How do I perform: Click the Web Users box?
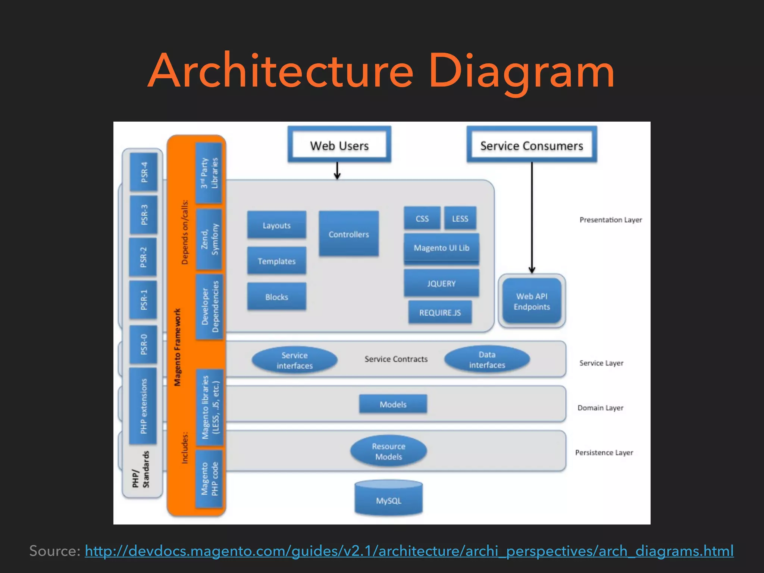pos(339,145)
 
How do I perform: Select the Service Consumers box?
pos(532,145)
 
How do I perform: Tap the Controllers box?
pos(349,234)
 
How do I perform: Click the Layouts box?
pos(276,225)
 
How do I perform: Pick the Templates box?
pos(276,261)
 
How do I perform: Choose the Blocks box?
pos(276,297)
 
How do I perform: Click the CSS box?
pos(422,218)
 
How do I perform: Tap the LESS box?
pos(460,218)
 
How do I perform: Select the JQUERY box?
pos(441,283)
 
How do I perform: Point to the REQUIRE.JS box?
pos(440,312)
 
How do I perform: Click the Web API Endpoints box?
pos(532,301)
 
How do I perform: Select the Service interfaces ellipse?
pos(294,360)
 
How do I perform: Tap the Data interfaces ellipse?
pos(487,360)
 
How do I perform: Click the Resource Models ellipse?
pos(388,451)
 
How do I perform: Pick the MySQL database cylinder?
pos(388,499)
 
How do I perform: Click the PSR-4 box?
pos(144,172)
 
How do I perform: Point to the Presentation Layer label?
pos(611,220)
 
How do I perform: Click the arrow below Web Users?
pos(337,171)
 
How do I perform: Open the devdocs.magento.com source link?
pos(409,551)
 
